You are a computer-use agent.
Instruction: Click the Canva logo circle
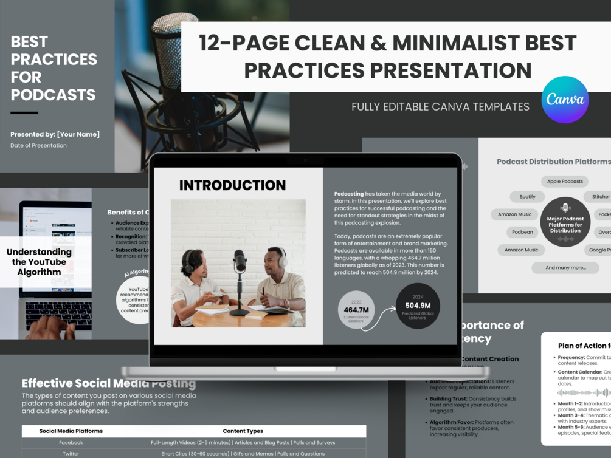[x=565, y=100]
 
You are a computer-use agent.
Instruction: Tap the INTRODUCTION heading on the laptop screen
[x=232, y=185]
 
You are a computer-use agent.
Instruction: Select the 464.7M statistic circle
[x=356, y=310]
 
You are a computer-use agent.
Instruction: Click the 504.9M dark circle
[x=418, y=306]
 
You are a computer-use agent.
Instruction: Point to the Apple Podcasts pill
[x=564, y=182]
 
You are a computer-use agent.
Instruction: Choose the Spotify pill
[x=527, y=197]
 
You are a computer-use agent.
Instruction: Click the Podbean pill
[x=522, y=232]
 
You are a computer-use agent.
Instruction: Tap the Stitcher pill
[x=599, y=197]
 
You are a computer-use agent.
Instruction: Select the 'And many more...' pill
[x=565, y=268]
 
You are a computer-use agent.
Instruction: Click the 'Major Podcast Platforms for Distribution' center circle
[x=565, y=222]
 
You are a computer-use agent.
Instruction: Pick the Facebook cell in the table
[x=71, y=443]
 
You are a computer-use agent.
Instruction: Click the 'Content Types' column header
[x=243, y=431]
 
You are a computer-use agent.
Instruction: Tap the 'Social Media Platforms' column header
[x=71, y=431]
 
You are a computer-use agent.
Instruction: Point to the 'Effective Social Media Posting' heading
[x=109, y=383]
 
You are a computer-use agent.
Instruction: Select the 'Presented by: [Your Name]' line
[x=55, y=134]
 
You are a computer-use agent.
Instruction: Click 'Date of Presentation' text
[x=38, y=146]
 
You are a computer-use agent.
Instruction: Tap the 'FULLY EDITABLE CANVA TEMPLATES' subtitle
[x=440, y=107]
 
